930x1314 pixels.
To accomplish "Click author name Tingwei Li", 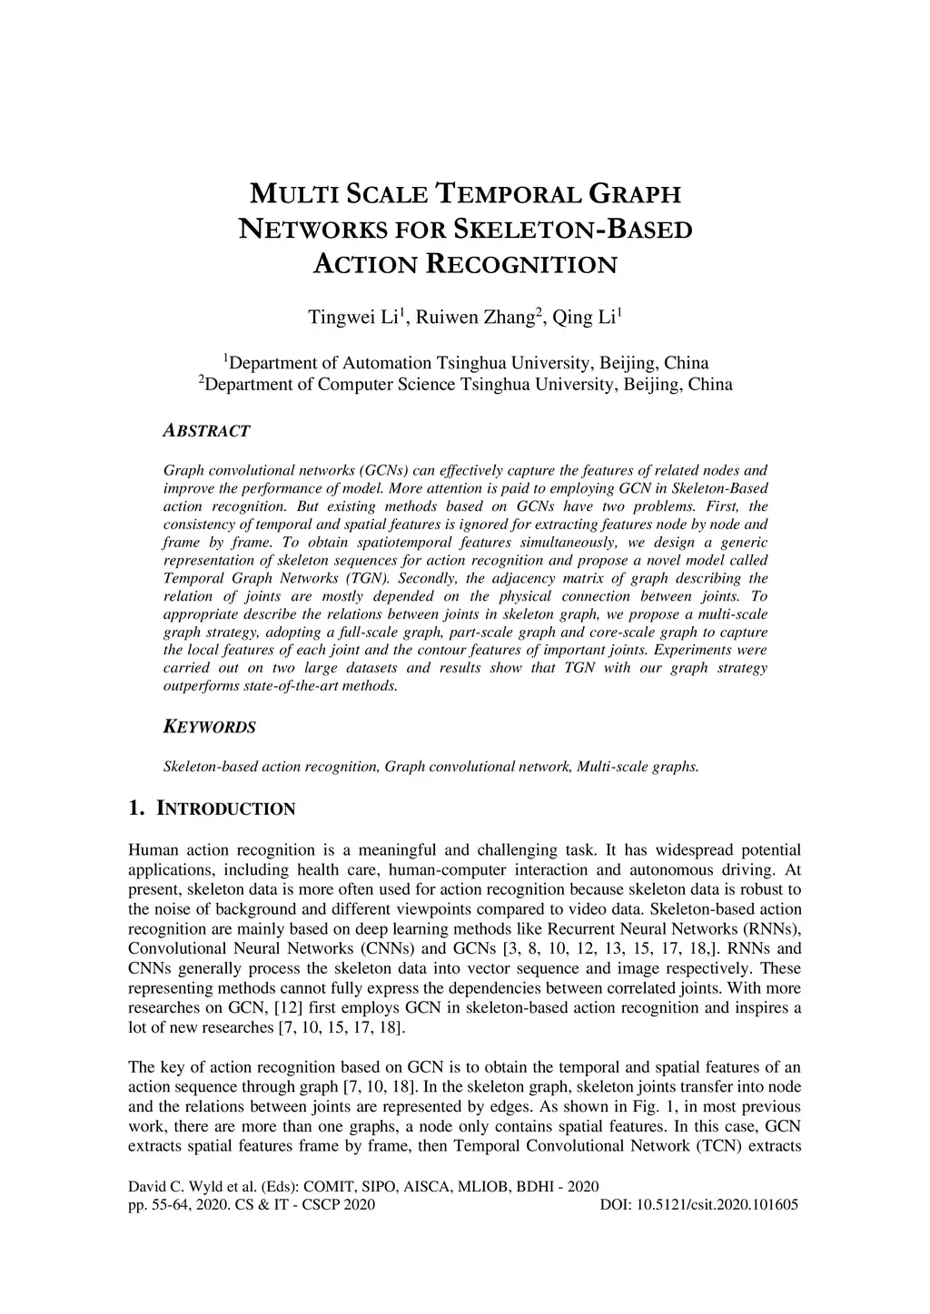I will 355,318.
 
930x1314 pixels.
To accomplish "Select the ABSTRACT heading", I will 206,431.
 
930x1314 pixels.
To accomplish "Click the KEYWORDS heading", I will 209,728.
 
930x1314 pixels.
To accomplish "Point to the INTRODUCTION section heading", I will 226,809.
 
